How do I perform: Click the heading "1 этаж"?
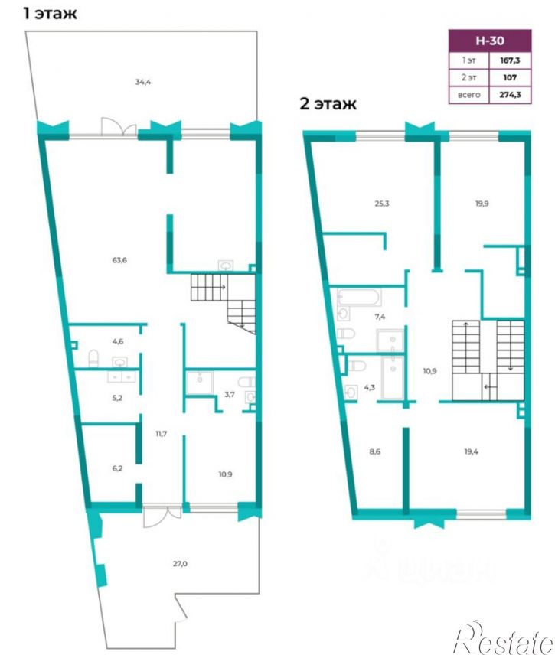coord(51,13)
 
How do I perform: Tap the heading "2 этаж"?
coord(328,103)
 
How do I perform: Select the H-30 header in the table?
coord(490,41)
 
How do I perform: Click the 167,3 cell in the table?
coord(510,60)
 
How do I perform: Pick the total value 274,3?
coord(510,94)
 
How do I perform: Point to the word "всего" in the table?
coord(469,95)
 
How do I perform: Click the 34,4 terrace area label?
coord(143,82)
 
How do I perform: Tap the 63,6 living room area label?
coord(119,260)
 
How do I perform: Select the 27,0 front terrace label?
coord(180,563)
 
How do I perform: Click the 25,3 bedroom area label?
coord(382,204)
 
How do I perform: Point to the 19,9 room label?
coord(482,204)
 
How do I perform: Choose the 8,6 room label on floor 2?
coord(375,451)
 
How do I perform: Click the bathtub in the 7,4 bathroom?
coord(359,298)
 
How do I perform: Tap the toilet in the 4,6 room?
coord(93,358)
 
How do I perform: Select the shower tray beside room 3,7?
coord(199,382)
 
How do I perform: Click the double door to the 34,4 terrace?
coord(119,127)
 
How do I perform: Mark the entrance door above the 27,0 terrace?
coord(162,517)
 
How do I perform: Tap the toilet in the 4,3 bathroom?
coord(357,366)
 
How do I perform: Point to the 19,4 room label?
coord(471,451)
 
